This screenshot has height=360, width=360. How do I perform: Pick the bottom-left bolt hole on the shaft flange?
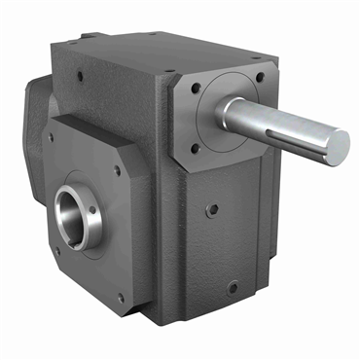(196, 149)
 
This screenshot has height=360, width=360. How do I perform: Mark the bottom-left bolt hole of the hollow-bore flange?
(56, 249)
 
